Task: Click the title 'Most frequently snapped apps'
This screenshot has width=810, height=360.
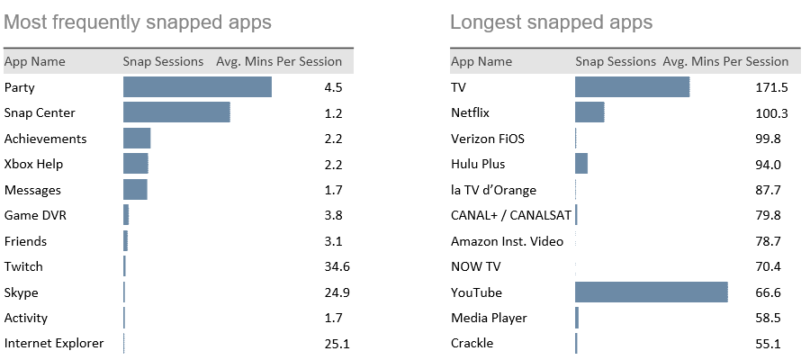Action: pos(138,22)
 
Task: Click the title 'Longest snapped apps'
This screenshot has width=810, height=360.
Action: pos(552,22)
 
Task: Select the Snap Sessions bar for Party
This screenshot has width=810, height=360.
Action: pos(197,87)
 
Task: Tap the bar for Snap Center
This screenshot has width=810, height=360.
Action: pos(176,112)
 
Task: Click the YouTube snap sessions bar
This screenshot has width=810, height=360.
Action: pos(651,292)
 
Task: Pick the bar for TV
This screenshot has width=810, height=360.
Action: pos(632,87)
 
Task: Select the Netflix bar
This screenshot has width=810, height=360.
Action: pos(589,112)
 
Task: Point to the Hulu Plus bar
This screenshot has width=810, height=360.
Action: pos(581,164)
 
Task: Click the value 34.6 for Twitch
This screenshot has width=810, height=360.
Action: pos(333,266)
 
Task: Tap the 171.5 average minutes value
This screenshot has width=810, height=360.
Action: pos(772,87)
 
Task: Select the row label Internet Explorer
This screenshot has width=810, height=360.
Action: pos(54,343)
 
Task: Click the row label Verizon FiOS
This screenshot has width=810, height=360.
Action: pos(487,139)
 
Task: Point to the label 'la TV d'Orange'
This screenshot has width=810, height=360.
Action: pos(493,190)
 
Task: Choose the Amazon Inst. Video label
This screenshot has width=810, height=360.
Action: pos(507,241)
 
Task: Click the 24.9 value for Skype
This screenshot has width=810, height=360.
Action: pos(333,292)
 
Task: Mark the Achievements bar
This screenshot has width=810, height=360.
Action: pos(137,139)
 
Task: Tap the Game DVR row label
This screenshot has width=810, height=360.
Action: pos(35,215)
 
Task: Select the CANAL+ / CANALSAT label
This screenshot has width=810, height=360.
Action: pos(510,215)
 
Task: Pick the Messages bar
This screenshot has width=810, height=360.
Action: pos(135,190)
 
